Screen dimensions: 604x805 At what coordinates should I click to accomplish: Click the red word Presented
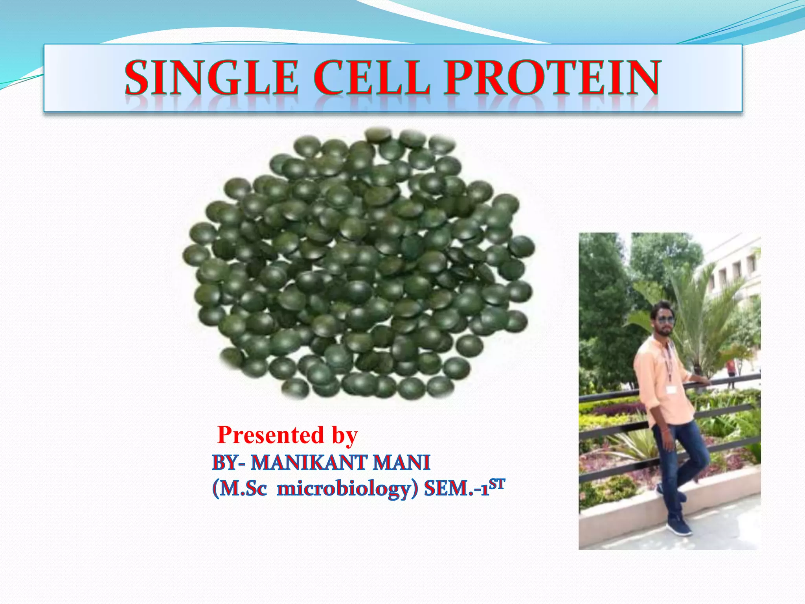(270, 435)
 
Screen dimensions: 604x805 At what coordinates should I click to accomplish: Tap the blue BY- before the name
(228, 463)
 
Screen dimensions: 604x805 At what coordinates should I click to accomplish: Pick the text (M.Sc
(239, 489)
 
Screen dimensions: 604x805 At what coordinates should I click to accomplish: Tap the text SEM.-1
(456, 489)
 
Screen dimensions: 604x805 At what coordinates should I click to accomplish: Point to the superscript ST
(497, 484)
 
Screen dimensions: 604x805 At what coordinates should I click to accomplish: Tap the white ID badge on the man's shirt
(671, 389)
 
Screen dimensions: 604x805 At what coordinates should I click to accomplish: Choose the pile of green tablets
(358, 263)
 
